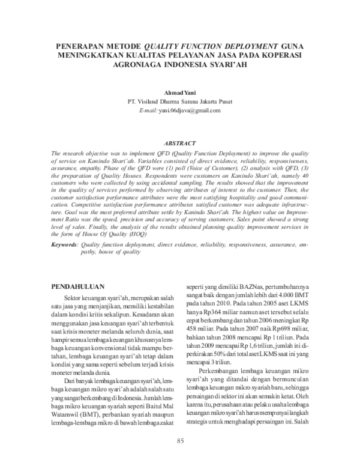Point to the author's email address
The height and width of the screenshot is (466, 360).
pyautogui.click(x=188, y=110)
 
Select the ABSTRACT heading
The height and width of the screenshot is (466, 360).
pyautogui.click(x=180, y=144)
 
